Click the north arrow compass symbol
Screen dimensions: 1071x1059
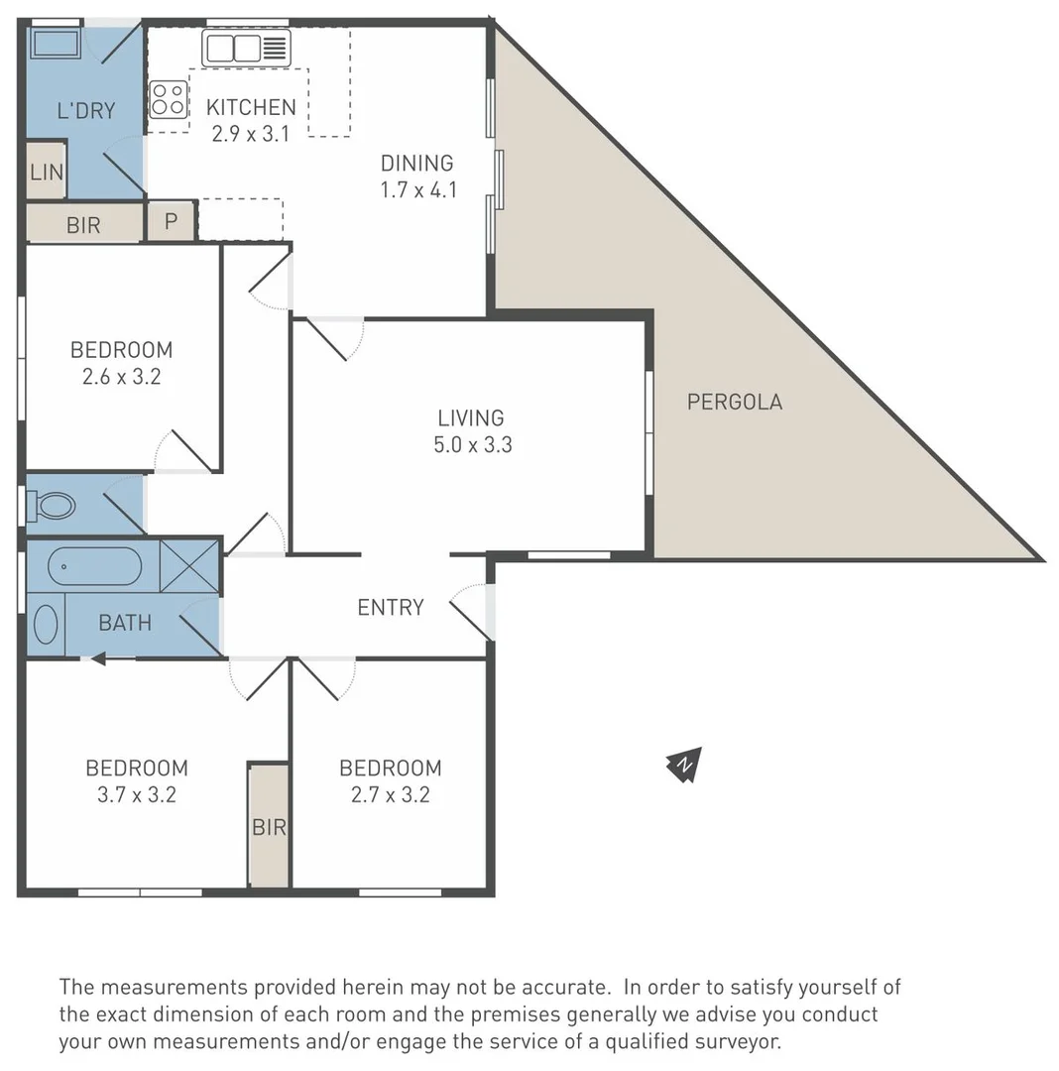tap(684, 764)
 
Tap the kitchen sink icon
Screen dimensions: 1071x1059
tap(246, 47)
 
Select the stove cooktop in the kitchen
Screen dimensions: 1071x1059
tap(168, 99)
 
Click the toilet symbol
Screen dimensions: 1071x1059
tap(51, 506)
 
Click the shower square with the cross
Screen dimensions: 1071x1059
tap(188, 565)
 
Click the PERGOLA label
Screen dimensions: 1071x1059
tap(735, 402)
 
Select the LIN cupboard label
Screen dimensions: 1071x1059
tap(46, 172)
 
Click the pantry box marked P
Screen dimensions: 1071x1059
tap(171, 221)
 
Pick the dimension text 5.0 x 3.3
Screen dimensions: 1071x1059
tap(472, 444)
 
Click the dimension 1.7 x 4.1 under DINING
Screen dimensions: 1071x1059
tap(418, 188)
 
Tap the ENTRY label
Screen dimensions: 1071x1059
tap(391, 607)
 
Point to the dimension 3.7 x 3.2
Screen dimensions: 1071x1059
tap(137, 793)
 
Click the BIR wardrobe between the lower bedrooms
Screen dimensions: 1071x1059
tap(269, 826)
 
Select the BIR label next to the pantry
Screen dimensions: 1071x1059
tap(83, 225)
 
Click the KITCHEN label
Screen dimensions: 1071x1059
tap(250, 107)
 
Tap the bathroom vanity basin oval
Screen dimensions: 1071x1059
tap(46, 625)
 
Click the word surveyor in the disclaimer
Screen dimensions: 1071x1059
tap(735, 1042)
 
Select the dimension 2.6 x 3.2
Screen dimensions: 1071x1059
tap(121, 376)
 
